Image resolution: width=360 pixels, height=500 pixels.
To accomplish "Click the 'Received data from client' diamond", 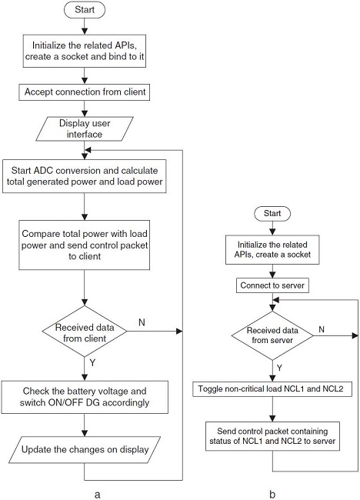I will [x=84, y=332].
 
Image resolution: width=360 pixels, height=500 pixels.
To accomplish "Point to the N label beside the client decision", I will [x=142, y=323].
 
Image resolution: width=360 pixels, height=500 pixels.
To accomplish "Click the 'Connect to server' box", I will [x=272, y=286].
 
